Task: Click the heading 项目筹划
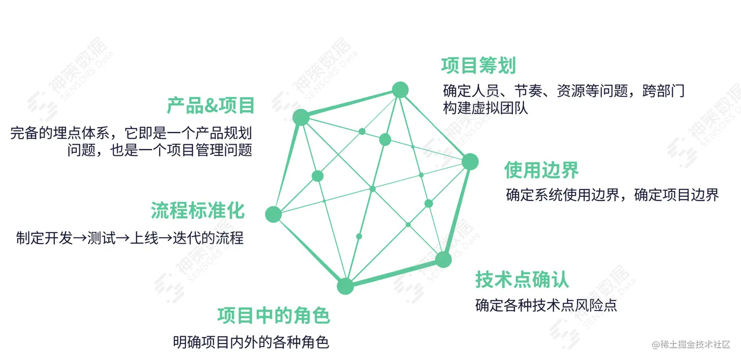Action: [x=478, y=66]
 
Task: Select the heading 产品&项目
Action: [x=211, y=106]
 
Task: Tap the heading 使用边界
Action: [x=541, y=170]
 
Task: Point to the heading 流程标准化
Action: [x=198, y=211]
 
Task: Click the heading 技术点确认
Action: [x=522, y=280]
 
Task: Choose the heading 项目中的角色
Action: [x=273, y=316]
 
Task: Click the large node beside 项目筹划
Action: [x=400, y=90]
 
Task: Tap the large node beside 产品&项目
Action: [x=301, y=117]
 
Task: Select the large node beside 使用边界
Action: [x=469, y=162]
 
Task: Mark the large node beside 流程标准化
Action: [x=273, y=214]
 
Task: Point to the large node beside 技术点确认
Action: [x=443, y=260]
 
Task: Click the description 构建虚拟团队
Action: [x=485, y=108]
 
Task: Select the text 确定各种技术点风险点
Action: [x=546, y=305]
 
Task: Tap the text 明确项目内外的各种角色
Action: [x=250, y=342]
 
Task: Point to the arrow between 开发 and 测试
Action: [x=80, y=239]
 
